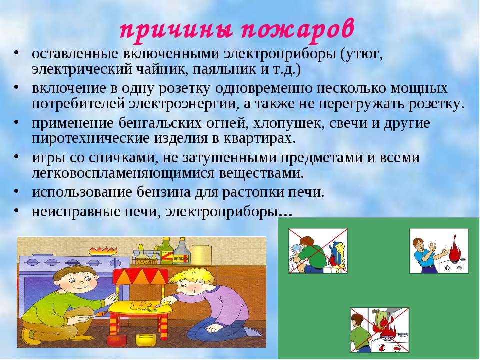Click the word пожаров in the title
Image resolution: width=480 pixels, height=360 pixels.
pos(298,30)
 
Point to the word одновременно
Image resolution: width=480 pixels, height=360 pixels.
pos(264,89)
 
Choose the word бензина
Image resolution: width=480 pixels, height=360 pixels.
pos(160,193)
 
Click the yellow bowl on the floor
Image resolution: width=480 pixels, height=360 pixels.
pos(145,340)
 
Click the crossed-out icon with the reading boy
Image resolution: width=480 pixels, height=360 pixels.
pos(318,251)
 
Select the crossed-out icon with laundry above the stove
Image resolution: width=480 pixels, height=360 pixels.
pos(379,330)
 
